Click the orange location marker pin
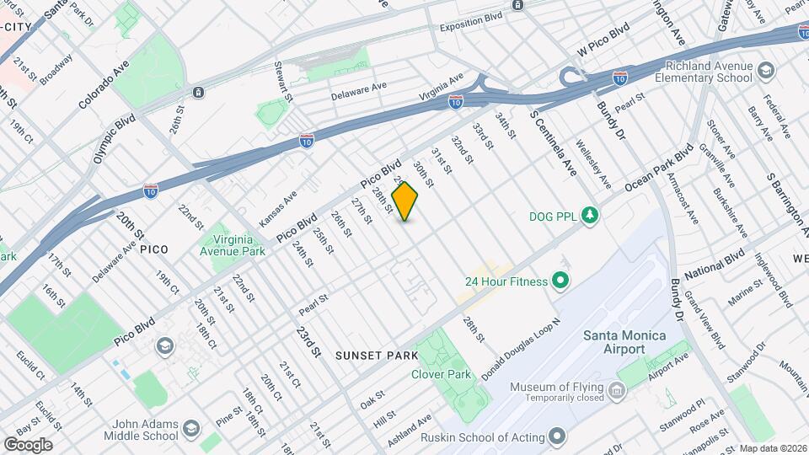[405, 201]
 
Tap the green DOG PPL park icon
[591, 216]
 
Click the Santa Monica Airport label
[625, 342]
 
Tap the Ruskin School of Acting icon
[555, 436]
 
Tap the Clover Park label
[441, 375]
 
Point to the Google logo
[28, 444]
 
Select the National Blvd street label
[715, 265]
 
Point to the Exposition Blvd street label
[470, 18]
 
